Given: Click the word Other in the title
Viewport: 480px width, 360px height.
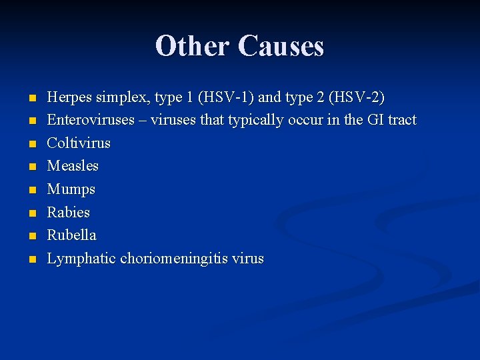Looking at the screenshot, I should [193, 47].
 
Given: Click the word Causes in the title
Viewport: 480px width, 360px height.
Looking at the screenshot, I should [281, 47].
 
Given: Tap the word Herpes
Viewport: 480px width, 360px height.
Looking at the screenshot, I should [69, 97].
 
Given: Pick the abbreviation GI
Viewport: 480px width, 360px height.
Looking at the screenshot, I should [371, 120].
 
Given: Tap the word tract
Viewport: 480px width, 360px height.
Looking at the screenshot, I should [400, 120].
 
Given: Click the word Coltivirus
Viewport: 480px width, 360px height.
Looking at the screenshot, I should [79, 143].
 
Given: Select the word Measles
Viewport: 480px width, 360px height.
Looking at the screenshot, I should [73, 165].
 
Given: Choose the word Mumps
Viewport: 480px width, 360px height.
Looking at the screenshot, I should [71, 189].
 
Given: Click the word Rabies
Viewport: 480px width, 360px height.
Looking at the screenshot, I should [68, 212].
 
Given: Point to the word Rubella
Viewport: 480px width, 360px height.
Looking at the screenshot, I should [71, 235].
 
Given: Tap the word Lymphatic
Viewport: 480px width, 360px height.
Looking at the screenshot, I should [81, 258].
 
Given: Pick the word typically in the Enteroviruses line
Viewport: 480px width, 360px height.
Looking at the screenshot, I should [259, 121].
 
